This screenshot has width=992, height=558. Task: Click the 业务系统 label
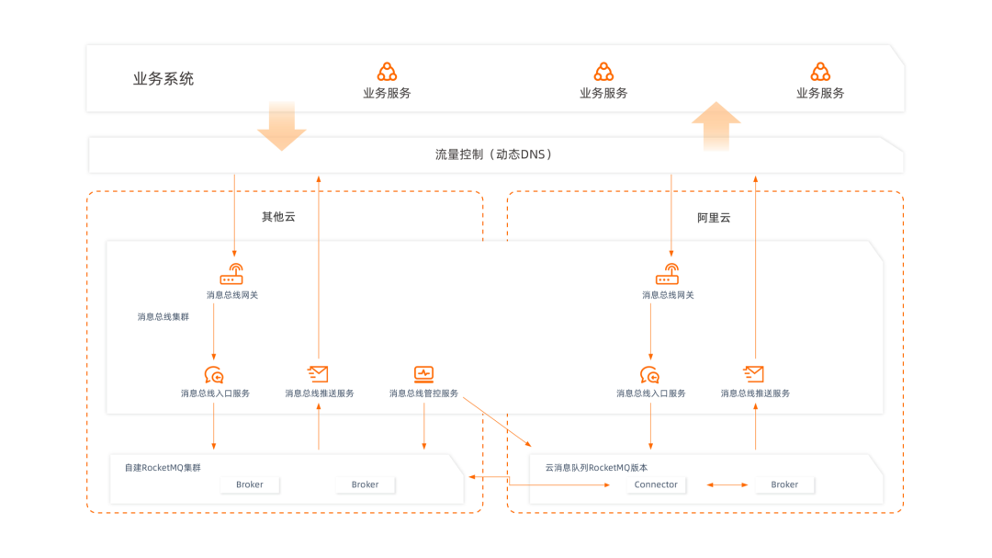[163, 79]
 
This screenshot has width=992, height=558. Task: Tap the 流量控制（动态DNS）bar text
[494, 154]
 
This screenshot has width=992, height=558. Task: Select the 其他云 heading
[278, 218]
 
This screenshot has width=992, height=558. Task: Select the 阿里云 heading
[714, 218]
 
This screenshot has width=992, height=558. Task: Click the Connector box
[656, 484]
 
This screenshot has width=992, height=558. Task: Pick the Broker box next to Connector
[784, 484]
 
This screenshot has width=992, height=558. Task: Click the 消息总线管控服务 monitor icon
[423, 373]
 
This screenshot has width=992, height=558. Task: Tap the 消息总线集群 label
[163, 317]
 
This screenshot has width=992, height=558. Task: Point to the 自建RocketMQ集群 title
[163, 468]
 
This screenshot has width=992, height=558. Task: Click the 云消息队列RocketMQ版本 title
[596, 468]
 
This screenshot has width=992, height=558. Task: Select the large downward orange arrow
[281, 126]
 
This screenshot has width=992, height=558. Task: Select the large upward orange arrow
[716, 125]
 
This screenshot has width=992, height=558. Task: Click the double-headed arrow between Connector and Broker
[726, 484]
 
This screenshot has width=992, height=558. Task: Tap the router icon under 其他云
[231, 274]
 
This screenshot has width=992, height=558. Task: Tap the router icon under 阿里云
[668, 274]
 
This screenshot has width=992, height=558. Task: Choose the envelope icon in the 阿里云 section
[753, 373]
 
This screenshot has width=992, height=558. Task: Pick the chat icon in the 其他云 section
[214, 374]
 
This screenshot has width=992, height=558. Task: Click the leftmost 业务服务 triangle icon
[387, 72]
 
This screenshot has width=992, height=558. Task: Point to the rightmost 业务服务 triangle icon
[820, 72]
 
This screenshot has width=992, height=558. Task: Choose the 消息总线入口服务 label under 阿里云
[651, 393]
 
